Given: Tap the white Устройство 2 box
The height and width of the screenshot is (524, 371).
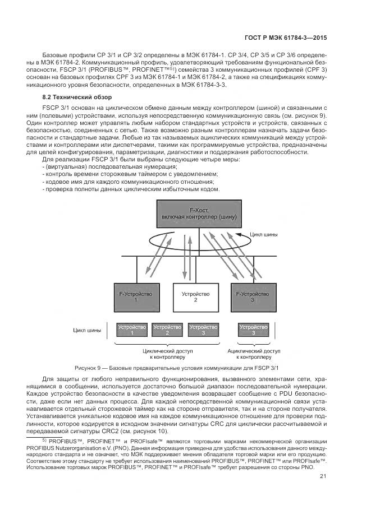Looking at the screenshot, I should coord(195,296).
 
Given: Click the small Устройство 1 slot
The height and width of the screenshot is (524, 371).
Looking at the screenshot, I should coord(132,329).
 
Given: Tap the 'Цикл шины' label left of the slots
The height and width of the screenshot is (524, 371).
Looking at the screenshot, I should coord(87,330).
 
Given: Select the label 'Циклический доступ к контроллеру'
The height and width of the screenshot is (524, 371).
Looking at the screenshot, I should coord(167,353).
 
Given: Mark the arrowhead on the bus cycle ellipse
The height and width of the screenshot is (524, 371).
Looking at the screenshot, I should coord(238,236).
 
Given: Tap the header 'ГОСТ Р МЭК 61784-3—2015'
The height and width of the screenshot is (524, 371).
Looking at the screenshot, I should coord(286,39).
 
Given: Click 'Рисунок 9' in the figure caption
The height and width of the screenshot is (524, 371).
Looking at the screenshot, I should coord(90,368).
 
